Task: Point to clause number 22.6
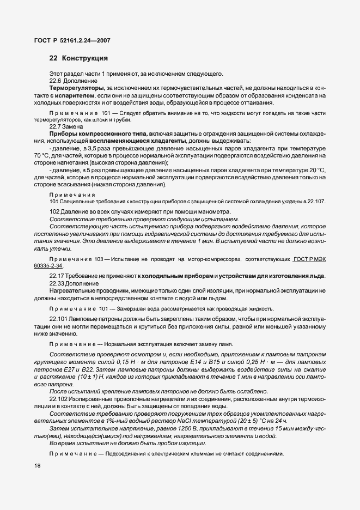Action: pos(56,81)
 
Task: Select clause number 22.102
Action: pos(59,399)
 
